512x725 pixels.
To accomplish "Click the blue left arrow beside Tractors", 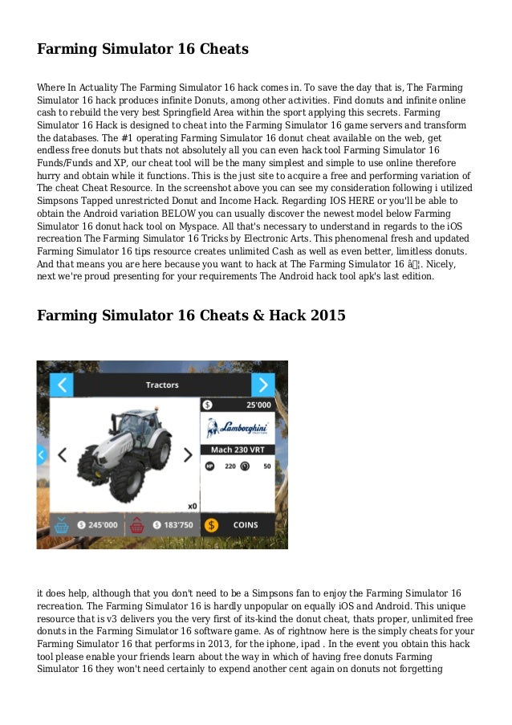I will [62, 385].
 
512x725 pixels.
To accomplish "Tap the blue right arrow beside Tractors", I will [263, 385].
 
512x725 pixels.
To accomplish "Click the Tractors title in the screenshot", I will [162, 385].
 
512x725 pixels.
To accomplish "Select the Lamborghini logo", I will [238, 427].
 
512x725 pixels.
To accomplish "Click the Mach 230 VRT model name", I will [238, 450].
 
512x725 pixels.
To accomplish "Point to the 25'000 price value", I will [258, 405].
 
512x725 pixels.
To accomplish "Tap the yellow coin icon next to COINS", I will [212, 525].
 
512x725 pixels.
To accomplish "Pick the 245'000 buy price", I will [99, 525].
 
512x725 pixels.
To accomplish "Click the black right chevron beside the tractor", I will [189, 455].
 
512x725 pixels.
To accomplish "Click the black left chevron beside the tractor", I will [62, 455].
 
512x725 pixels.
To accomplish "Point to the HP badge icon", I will [210, 466].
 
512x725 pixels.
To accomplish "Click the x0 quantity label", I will [192, 506].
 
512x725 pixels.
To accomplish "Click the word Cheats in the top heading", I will [218, 50].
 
